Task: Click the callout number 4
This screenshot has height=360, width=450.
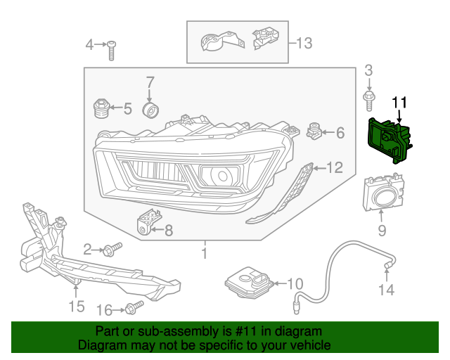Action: (x=89, y=46)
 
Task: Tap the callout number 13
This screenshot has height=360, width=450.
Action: (x=304, y=44)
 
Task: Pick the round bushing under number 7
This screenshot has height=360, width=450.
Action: (x=150, y=111)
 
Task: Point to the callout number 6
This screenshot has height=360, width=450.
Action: (x=340, y=132)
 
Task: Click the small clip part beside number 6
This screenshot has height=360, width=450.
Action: (x=314, y=131)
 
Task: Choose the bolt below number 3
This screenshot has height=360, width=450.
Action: (x=368, y=99)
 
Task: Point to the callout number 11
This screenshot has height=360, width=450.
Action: (x=399, y=103)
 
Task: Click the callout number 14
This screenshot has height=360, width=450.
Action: (x=387, y=290)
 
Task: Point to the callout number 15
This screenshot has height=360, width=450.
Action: (x=76, y=306)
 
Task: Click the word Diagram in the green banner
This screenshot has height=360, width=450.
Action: (x=98, y=345)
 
